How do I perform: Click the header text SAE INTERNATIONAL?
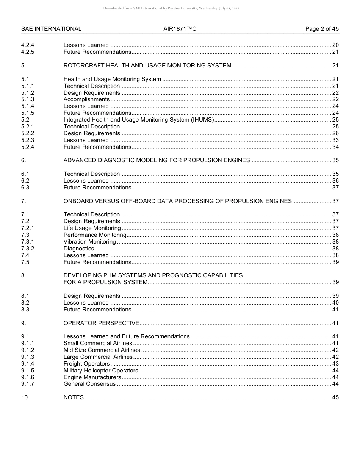pyautogui.click(x=51, y=29)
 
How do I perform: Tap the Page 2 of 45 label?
pyautogui.click(x=322, y=29)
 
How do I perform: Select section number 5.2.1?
pyautogui.click(x=28, y=127)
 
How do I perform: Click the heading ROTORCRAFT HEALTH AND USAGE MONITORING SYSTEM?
pyautogui.click(x=147, y=66)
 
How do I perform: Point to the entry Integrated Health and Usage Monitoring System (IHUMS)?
pyautogui.click(x=139, y=120)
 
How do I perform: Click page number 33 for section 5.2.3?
pyautogui.click(x=335, y=140)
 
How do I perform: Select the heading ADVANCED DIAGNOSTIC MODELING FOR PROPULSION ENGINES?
pyautogui.click(x=157, y=160)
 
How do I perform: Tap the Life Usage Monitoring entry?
pyautogui.click(x=92, y=228)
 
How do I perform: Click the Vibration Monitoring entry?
pyautogui.click(x=90, y=242)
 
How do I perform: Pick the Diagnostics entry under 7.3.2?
pyautogui.click(x=79, y=249)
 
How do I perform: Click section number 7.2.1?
pyautogui.click(x=28, y=228)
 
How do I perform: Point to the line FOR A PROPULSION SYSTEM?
pyautogui.click(x=105, y=282)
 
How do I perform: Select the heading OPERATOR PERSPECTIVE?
pyautogui.click(x=101, y=323)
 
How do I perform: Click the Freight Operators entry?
pyautogui.click(x=86, y=364)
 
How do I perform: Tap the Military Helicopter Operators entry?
pyautogui.click(x=101, y=371)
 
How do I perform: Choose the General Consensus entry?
pyautogui.click(x=89, y=384)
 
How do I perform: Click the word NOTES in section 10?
pyautogui.click(x=74, y=397)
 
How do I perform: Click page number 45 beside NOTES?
pyautogui.click(x=335, y=397)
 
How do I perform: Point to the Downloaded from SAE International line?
pyautogui.click(x=171, y=8)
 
